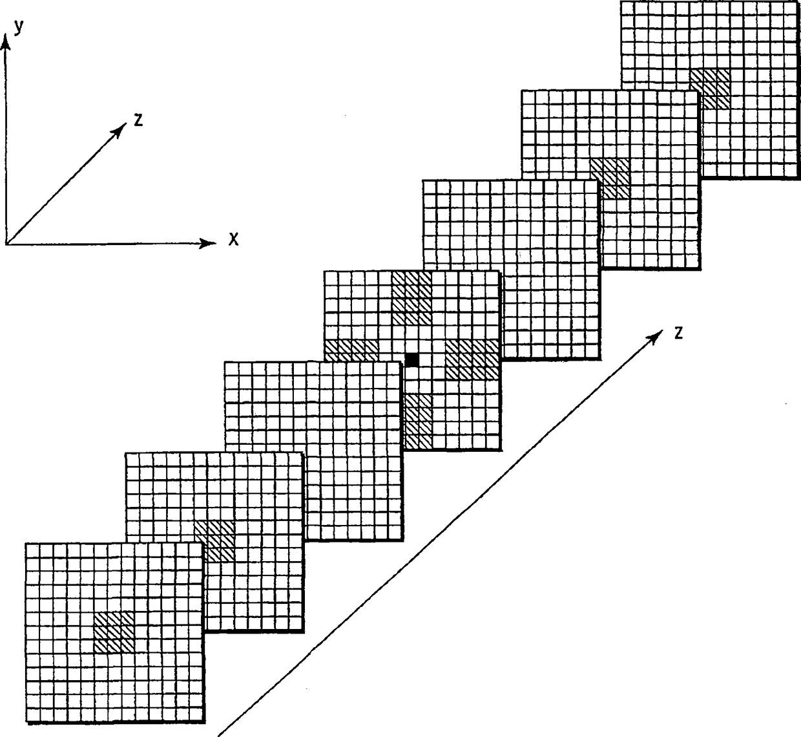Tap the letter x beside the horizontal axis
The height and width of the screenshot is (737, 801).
234,240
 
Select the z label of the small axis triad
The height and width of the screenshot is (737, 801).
138,120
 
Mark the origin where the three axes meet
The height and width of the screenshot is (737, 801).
6,244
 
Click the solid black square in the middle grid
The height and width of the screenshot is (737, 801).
412,359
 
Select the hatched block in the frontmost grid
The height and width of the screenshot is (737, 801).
114,632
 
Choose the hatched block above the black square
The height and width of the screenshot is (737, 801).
411,298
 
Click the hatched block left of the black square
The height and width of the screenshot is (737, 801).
350,350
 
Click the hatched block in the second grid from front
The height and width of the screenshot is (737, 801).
214,540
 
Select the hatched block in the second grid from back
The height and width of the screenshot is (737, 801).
610,177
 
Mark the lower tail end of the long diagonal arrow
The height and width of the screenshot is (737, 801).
220,734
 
